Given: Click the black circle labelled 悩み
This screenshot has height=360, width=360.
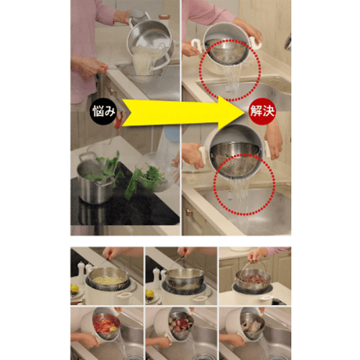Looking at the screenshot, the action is (x=103, y=111).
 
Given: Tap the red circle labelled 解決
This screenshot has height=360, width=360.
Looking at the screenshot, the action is (x=261, y=111).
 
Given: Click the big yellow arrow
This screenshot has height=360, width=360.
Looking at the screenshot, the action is (x=182, y=113).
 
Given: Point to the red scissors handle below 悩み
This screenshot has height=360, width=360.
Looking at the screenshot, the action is (x=120, y=121).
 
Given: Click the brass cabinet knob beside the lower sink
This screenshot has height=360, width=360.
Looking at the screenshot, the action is (x=189, y=212).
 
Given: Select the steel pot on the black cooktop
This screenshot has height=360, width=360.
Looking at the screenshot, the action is (x=95, y=178).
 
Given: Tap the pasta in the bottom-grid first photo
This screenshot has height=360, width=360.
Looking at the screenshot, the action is (x=108, y=279).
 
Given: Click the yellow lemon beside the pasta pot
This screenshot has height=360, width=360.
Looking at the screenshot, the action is (x=74, y=288).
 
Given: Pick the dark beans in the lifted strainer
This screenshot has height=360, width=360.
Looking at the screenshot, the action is (x=254, y=279).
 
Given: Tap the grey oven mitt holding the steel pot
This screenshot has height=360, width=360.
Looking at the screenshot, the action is (x=139, y=16).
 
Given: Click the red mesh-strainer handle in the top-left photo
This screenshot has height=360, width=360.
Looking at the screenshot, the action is (x=105, y=67).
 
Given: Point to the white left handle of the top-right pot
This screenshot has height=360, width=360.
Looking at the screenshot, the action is (x=196, y=45).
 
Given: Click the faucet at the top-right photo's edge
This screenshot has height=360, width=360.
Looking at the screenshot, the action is (x=288, y=41).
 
